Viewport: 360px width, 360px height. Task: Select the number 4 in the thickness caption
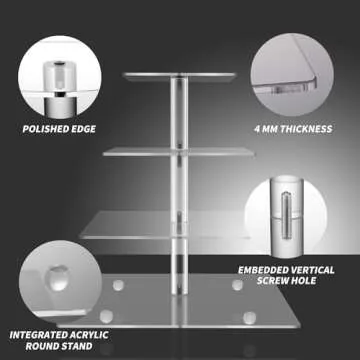click(258, 129)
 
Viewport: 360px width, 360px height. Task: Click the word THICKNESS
click(306, 129)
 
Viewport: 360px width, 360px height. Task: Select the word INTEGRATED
click(39, 335)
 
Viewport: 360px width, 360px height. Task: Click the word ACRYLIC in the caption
click(89, 335)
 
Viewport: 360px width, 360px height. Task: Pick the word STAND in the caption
click(76, 346)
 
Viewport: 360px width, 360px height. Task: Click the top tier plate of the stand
click(179, 77)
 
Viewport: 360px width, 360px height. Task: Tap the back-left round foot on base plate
click(118, 285)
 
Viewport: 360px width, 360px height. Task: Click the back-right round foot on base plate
click(238, 285)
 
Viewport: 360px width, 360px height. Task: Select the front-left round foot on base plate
click(106, 316)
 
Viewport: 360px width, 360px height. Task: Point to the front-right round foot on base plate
click(249, 318)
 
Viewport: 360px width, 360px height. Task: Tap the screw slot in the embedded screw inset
click(287, 215)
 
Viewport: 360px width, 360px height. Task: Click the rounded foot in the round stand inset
click(57, 278)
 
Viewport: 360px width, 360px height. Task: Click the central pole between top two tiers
click(179, 113)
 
